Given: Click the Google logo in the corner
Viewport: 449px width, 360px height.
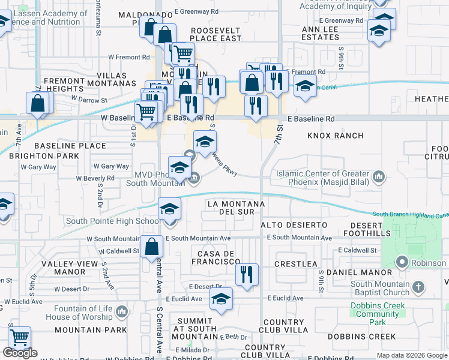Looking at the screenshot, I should [20, 353].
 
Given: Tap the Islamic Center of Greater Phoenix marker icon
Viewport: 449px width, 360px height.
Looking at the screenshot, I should [379, 176].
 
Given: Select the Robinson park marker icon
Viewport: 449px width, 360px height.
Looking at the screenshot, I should [402, 262].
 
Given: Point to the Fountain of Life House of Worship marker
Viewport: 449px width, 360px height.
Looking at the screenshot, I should [122, 311].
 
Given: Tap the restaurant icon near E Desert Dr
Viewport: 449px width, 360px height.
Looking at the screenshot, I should [246, 275].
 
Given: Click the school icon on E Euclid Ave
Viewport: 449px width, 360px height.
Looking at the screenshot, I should [221, 299].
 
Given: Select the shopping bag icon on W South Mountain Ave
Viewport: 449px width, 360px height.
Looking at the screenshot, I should [151, 246].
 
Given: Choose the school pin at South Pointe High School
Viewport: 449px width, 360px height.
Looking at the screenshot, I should [169, 209].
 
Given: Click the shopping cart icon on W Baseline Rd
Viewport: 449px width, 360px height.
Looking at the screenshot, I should [146, 110].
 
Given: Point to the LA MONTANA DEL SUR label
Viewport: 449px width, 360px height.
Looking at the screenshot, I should [235, 208].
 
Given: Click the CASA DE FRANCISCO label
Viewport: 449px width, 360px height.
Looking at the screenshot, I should [215, 257].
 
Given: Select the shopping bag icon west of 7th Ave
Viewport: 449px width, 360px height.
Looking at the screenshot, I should [37, 103].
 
